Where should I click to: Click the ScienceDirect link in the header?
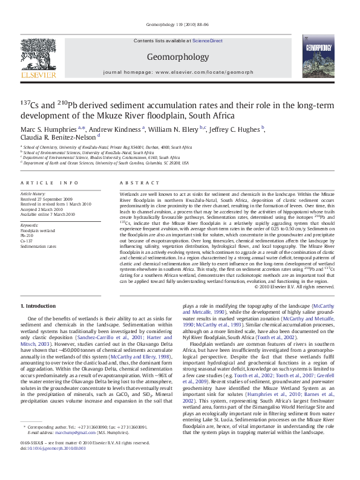tap(208, 41)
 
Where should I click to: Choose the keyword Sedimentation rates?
tap(38, 247)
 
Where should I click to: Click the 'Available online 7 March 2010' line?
tap(48, 214)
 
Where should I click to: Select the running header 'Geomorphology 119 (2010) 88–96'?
tap(178, 24)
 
